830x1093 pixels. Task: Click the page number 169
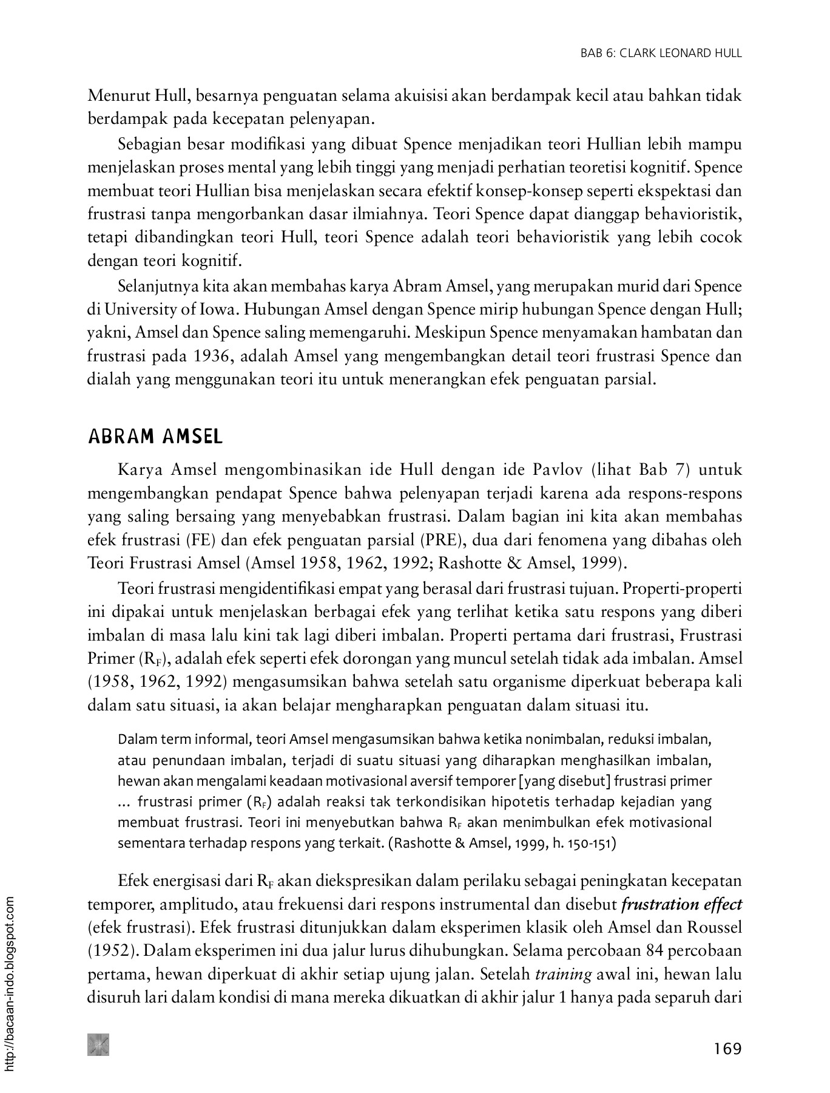727,1049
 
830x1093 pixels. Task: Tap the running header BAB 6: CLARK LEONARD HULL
661,53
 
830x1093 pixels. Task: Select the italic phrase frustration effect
681,905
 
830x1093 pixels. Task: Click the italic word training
563,975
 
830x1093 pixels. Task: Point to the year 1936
214,356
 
